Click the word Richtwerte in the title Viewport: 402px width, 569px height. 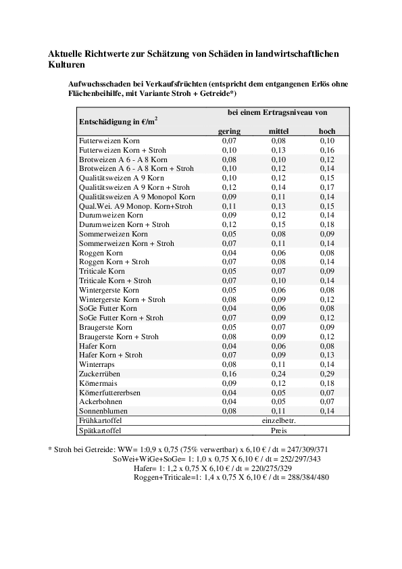pyautogui.click(x=111, y=53)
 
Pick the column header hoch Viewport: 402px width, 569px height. pyautogui.click(x=327, y=130)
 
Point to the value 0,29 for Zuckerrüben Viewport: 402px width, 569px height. pyautogui.click(x=327, y=374)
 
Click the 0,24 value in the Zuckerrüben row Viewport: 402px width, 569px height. pyautogui.click(x=279, y=374)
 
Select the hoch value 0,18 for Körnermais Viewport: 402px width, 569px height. pyautogui.click(x=327, y=383)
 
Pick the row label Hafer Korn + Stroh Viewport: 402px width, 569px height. pyautogui.click(x=111, y=355)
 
